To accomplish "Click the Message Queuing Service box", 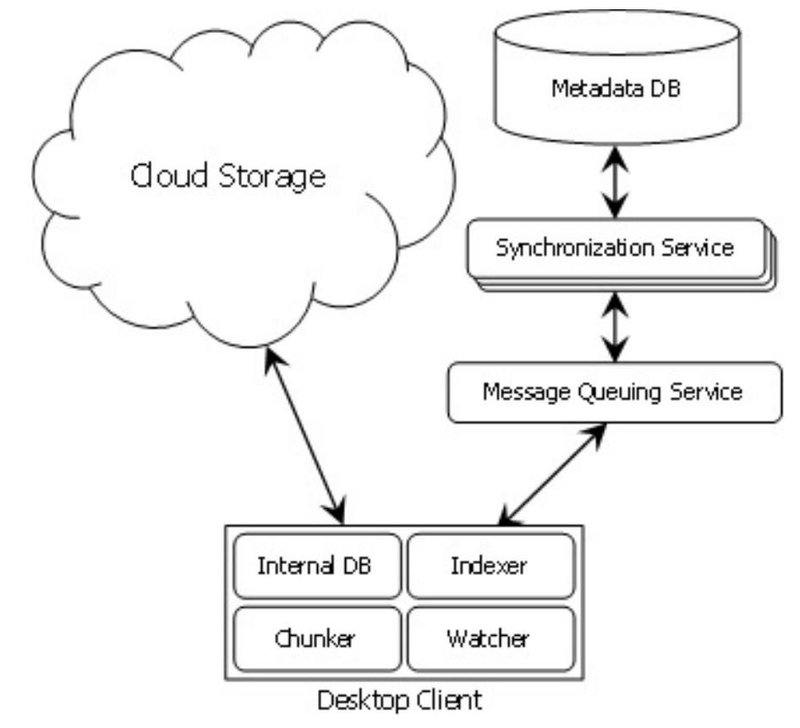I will (x=613, y=392).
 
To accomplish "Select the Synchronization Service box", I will (x=615, y=249).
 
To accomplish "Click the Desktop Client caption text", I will (x=400, y=701).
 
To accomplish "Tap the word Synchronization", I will (x=571, y=249).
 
